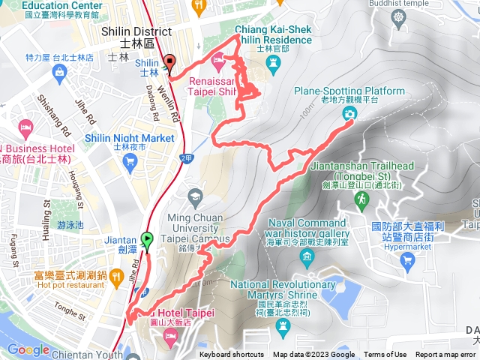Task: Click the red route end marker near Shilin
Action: (x=169, y=64)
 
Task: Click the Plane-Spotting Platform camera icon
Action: (x=349, y=114)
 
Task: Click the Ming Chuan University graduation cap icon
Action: (x=196, y=196)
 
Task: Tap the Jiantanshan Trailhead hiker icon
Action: (x=362, y=199)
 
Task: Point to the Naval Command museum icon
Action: (x=307, y=259)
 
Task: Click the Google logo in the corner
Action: (x=28, y=349)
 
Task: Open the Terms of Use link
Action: (x=385, y=355)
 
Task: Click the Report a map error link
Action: (x=447, y=355)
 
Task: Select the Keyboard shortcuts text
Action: (x=232, y=355)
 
